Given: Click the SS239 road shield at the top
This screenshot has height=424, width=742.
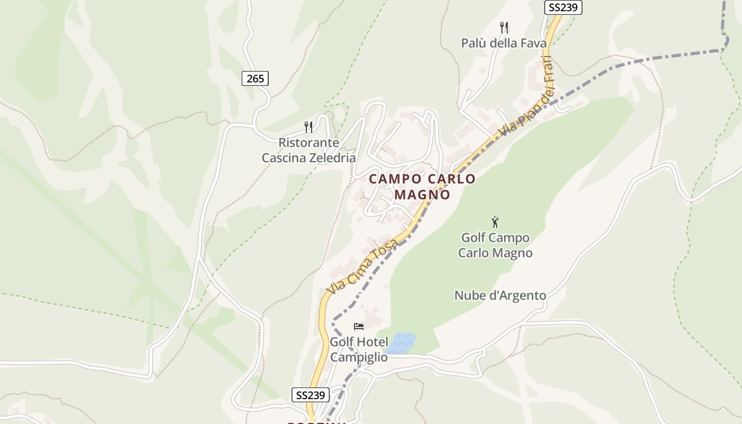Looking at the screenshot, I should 563,7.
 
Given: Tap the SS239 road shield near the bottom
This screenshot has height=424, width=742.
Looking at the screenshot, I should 311,395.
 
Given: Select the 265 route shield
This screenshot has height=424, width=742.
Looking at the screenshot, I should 255,78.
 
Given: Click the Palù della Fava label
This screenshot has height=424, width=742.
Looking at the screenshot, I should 503,43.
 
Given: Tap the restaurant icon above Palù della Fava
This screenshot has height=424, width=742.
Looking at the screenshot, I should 504,27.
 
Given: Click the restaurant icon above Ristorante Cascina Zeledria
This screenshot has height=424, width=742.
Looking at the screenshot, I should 309,127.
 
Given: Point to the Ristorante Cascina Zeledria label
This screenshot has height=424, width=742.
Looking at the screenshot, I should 308,150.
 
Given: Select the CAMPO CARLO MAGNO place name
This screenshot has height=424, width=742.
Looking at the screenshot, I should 422,187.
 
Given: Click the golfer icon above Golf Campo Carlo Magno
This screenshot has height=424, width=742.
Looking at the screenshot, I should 495,222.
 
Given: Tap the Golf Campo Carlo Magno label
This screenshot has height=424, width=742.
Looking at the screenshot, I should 495,245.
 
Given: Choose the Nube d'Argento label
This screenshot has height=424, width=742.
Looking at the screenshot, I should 500,295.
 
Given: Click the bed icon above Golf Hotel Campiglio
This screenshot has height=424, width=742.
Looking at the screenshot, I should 359,326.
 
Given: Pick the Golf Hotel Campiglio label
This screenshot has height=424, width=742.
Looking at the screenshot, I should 359,349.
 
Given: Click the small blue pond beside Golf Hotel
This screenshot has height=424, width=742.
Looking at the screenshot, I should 401,343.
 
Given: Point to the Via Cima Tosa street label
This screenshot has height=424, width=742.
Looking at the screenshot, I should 362,267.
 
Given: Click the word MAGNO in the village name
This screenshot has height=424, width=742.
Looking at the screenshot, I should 422,195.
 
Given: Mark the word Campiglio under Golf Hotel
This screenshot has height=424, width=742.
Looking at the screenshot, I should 359,357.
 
